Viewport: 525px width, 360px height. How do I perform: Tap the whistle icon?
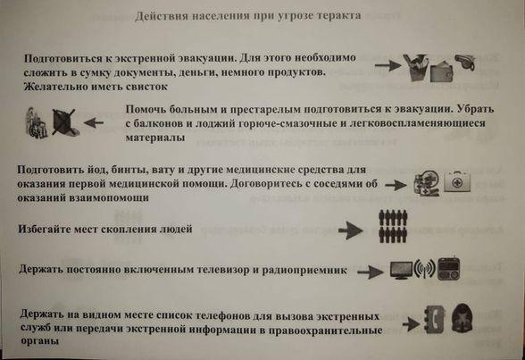pos(465,63)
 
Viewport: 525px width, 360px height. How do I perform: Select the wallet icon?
pos(442,71)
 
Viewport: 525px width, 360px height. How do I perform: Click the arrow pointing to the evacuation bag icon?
pos(388,65)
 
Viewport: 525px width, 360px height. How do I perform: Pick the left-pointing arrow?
pos(94,123)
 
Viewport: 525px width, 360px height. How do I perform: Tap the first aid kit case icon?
pos(457,182)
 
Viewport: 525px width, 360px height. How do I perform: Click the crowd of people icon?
pos(393,226)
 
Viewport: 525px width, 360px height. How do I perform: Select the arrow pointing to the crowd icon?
pos(351,230)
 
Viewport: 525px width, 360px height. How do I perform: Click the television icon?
pos(402,270)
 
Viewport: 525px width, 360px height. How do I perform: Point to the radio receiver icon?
pos(448,269)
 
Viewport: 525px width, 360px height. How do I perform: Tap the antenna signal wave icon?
pos(425,269)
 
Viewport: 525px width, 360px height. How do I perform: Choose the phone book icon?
pos(435,319)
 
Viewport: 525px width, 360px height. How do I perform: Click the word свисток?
pos(146,87)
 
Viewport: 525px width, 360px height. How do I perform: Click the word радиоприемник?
pos(304,270)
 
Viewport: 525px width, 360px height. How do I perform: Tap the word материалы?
pos(155,138)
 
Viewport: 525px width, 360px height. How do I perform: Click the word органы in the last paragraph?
pos(40,341)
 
